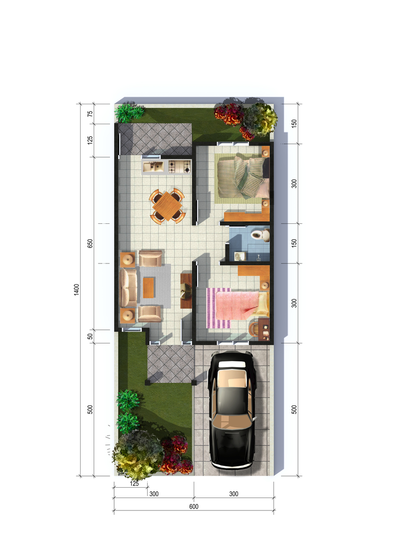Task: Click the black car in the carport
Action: coord(232,410)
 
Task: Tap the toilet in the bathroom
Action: coord(260,235)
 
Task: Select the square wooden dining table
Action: coord(167,206)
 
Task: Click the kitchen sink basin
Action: coord(153,166)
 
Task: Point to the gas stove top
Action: coord(179,167)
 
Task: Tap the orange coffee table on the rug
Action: coord(149,288)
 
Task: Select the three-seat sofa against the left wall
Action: coord(129,288)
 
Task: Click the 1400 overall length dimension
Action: coord(76,289)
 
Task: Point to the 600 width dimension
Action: coord(194,506)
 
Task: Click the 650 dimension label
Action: coord(90,244)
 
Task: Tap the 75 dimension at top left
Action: coord(90,114)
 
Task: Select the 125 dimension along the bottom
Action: coord(134,484)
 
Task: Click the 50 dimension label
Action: coord(90,336)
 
